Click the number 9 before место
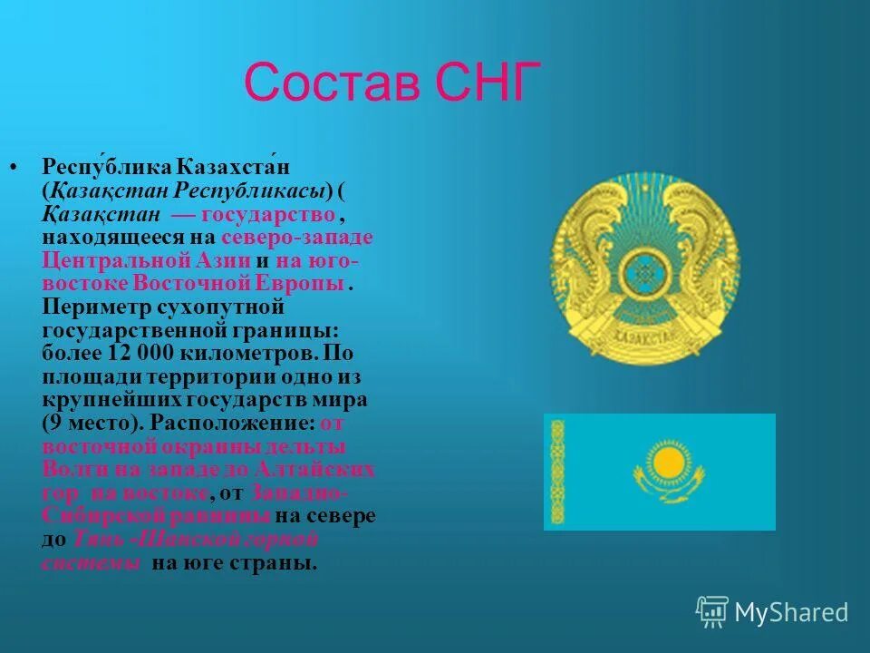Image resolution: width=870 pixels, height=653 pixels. (x=53, y=423)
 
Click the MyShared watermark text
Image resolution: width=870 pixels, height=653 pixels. (x=791, y=612)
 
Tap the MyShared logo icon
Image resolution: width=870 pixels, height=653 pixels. (x=711, y=611)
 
